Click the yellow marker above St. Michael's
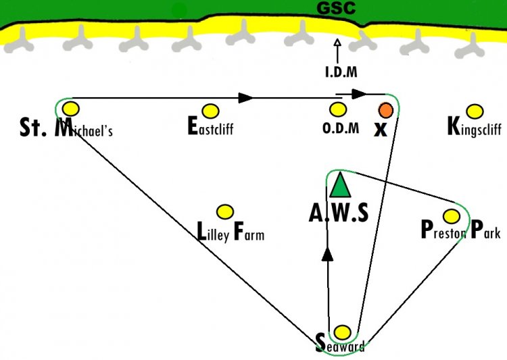pos(71,109)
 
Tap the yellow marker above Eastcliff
pos(210,111)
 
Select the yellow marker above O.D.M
pos(338,109)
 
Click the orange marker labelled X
pos(386,110)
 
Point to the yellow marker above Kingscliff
pos(475,111)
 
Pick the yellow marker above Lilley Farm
pos(224,212)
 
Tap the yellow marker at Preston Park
pos(452,216)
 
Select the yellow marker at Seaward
pos(342,332)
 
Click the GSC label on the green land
pos(336,8)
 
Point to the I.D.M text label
pos(341,72)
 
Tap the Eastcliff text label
pos(210,126)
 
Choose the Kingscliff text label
pos(475,128)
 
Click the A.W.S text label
pos(339,213)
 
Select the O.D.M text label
pos(341,128)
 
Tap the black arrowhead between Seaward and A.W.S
pos(328,255)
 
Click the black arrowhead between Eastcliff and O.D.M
pos(245,98)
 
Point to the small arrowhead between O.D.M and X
pos(359,94)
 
